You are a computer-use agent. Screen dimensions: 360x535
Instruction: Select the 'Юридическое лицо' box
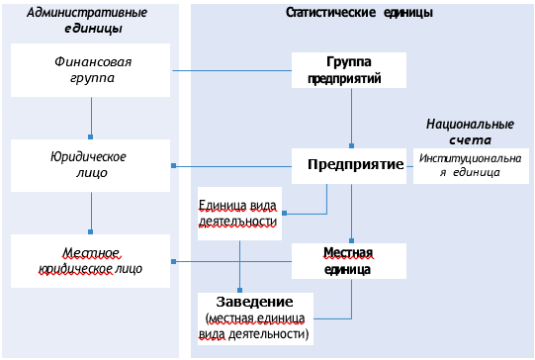pos(91,164)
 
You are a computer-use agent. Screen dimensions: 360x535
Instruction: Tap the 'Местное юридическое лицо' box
pos(91,260)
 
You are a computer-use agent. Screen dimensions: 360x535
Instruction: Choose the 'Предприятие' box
pos(350,164)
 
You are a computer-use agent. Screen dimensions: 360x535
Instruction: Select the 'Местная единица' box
pos(350,260)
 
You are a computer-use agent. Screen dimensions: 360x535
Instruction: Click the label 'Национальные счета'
pos(470,132)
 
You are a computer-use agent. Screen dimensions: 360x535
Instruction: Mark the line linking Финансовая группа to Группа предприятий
pos(232,70)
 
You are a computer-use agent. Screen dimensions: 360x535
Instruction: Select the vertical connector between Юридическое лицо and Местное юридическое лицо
pos(91,212)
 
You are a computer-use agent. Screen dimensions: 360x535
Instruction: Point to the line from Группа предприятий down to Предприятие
pos(350,119)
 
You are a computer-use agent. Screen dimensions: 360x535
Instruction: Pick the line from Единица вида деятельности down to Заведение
pos(239,265)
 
